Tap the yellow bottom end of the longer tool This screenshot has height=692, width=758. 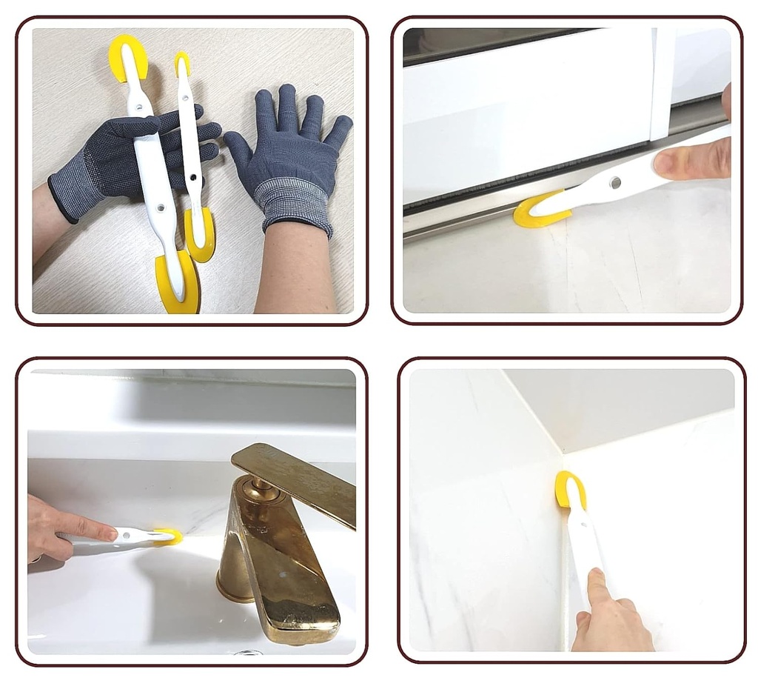[x=178, y=286]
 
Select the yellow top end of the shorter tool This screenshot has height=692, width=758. [x=182, y=62]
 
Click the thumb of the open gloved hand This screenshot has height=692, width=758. [x=238, y=148]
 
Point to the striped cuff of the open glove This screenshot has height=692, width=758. [x=292, y=204]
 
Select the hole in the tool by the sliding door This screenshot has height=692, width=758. [x=615, y=182]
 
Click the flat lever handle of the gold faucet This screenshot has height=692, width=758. [x=296, y=478]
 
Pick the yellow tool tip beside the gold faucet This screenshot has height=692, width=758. [x=169, y=536]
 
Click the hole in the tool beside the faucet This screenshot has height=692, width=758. [x=140, y=534]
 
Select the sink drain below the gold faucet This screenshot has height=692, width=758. [x=249, y=652]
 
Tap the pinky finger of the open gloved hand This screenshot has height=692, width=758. [x=340, y=130]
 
